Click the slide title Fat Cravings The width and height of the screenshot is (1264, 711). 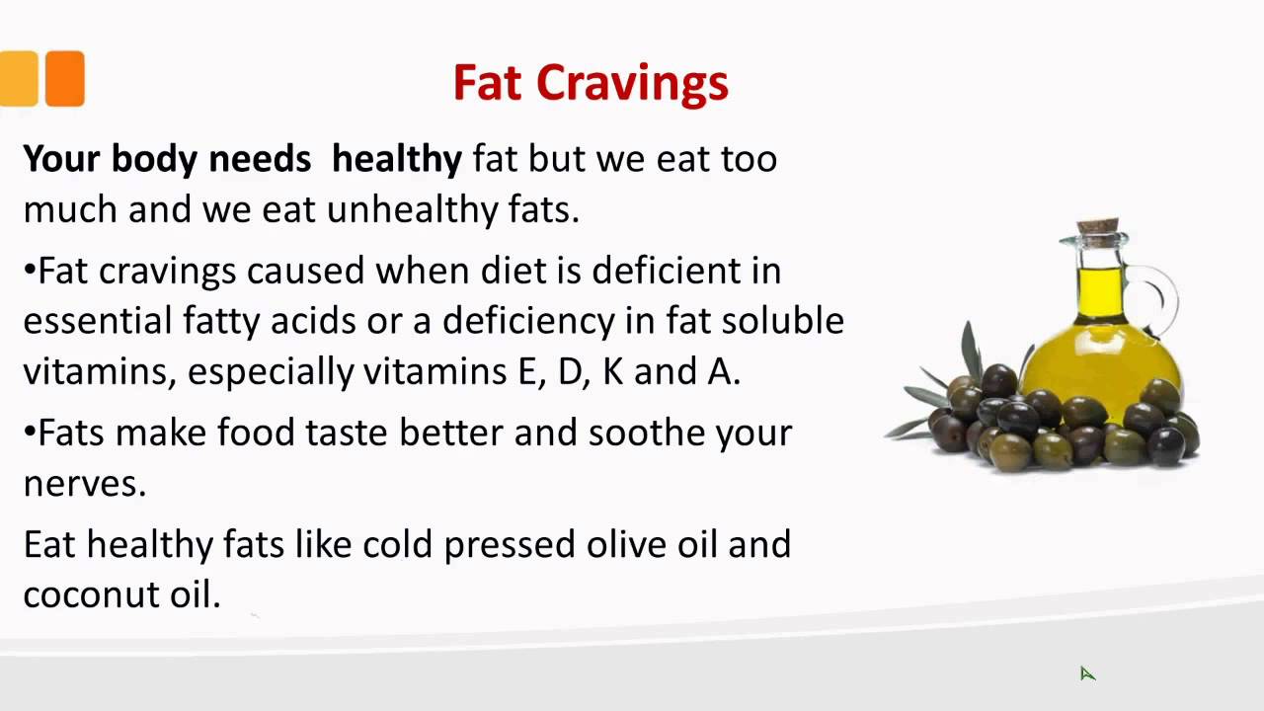pos(591,83)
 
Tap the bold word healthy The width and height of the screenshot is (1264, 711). pos(396,159)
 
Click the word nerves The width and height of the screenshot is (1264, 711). pos(84,484)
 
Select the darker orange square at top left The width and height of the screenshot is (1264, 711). pos(64,78)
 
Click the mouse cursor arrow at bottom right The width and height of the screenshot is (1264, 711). pos(1086,672)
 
